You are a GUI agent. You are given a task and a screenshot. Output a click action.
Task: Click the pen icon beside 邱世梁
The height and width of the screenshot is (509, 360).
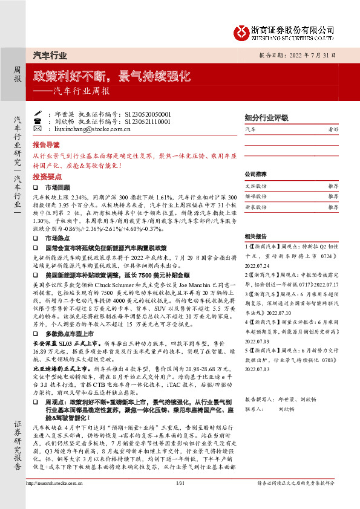[38, 113]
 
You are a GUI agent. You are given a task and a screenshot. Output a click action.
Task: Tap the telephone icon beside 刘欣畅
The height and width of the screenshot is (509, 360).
[38, 121]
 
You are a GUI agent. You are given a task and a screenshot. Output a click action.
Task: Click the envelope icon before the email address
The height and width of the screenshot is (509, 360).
[38, 129]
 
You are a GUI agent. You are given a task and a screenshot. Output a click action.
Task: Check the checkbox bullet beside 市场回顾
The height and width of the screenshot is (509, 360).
[37, 188]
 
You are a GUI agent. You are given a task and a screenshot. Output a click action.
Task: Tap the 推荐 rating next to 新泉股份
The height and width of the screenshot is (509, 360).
[333, 207]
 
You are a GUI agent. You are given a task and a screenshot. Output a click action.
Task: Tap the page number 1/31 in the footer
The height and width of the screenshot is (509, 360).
[179, 500]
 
